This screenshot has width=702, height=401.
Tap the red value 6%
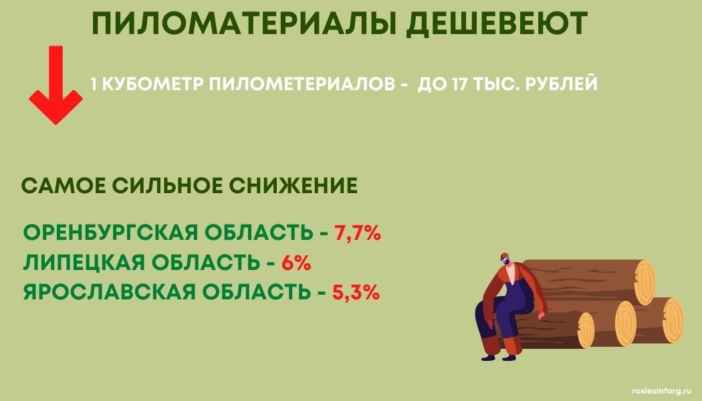click(x=297, y=263)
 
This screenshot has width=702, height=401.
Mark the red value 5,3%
click(x=356, y=292)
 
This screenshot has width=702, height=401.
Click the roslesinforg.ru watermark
click(x=659, y=390)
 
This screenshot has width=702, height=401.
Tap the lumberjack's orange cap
click(x=503, y=257)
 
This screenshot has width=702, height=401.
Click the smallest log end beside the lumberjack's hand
click(x=586, y=330)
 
